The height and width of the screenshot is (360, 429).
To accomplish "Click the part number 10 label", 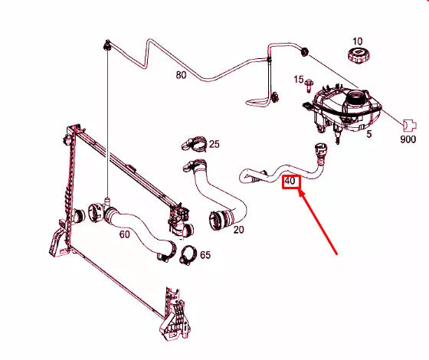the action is (x=357, y=41).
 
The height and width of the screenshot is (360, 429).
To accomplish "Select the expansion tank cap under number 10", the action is (x=359, y=55).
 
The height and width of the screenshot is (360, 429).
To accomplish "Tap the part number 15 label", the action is (x=299, y=80).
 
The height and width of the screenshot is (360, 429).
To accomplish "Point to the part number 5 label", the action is (x=369, y=134).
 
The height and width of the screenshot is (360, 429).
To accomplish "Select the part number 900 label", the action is (x=408, y=139).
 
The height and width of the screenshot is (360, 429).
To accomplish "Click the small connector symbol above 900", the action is (x=410, y=126).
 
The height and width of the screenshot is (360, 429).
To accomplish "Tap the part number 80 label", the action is (x=181, y=75).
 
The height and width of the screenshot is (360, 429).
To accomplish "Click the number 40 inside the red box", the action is (x=290, y=181).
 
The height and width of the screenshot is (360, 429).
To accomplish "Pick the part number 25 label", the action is (x=215, y=144).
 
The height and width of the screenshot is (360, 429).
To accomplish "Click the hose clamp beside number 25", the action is (x=194, y=143).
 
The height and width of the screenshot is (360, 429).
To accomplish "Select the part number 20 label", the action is (x=238, y=230).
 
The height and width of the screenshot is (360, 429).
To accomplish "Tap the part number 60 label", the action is (x=124, y=234).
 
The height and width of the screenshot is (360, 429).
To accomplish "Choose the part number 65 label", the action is (x=205, y=255).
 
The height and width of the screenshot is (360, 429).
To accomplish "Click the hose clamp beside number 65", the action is (x=188, y=255).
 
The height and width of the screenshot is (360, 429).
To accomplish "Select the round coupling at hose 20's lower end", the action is (x=217, y=221).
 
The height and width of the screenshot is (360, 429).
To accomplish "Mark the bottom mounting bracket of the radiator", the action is (x=175, y=314).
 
